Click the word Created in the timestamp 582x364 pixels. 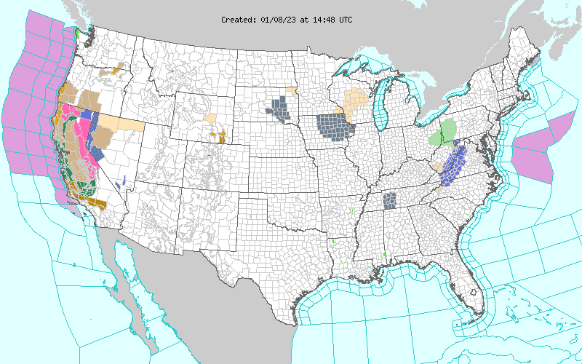tap(238, 20)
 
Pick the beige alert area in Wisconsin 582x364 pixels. tap(357, 101)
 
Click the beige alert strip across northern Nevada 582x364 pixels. tap(120, 122)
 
